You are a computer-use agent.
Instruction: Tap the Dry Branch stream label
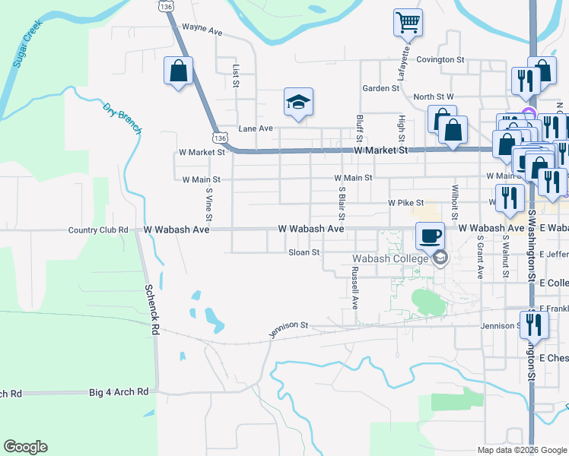[122, 118]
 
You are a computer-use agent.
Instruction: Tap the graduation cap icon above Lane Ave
[298, 102]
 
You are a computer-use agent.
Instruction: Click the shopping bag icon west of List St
[178, 71]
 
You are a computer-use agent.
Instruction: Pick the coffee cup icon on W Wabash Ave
[430, 235]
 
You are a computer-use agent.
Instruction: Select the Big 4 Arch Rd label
[118, 392]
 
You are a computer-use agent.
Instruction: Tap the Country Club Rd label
[98, 230]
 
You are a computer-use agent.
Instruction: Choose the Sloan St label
[304, 252]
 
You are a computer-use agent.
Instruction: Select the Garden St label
[380, 88]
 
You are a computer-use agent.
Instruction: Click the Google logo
[25, 447]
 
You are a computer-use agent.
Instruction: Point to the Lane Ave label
[255, 128]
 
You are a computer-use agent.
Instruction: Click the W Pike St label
[405, 204]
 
